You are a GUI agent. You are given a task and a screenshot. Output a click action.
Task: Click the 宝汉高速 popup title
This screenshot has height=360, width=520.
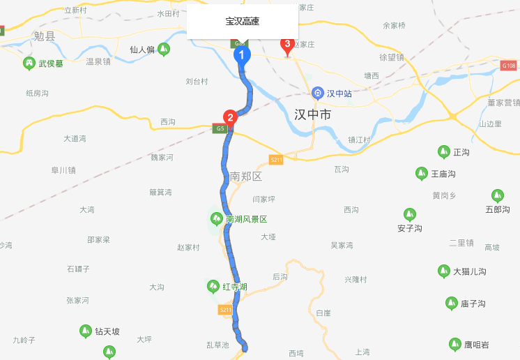243,22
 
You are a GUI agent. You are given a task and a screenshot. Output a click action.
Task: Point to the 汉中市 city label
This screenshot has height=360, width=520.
312,114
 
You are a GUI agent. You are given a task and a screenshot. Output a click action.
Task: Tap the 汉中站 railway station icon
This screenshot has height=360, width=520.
318,92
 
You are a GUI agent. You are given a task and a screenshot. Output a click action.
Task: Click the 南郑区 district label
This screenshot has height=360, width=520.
245,177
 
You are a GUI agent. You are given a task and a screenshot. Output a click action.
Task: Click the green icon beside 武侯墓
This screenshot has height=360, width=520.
29,63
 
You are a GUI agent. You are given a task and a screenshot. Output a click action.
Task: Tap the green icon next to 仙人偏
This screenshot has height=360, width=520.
164,49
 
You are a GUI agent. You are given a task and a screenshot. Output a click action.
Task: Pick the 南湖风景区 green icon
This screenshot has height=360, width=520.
216,219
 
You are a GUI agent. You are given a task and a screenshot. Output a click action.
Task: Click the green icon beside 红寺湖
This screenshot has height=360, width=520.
213,286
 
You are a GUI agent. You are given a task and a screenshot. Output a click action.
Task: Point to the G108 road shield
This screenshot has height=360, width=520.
508,65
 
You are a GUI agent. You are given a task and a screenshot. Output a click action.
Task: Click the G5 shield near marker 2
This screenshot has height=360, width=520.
220,128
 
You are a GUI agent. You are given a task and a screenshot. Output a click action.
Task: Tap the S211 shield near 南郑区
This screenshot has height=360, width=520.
276,160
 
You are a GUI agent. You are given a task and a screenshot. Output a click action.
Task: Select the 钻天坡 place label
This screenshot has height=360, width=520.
107,331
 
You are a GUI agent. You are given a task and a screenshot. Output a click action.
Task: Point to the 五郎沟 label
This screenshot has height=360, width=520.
498,209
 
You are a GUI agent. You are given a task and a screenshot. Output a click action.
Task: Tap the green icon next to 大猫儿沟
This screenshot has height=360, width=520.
443,271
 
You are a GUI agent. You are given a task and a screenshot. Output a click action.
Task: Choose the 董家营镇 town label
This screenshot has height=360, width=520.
504,103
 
